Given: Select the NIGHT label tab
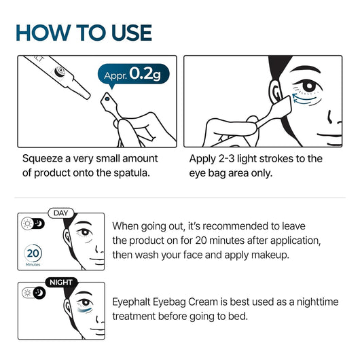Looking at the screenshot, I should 62,281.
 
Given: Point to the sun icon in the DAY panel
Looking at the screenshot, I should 26,225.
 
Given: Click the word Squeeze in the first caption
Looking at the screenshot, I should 44,158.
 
